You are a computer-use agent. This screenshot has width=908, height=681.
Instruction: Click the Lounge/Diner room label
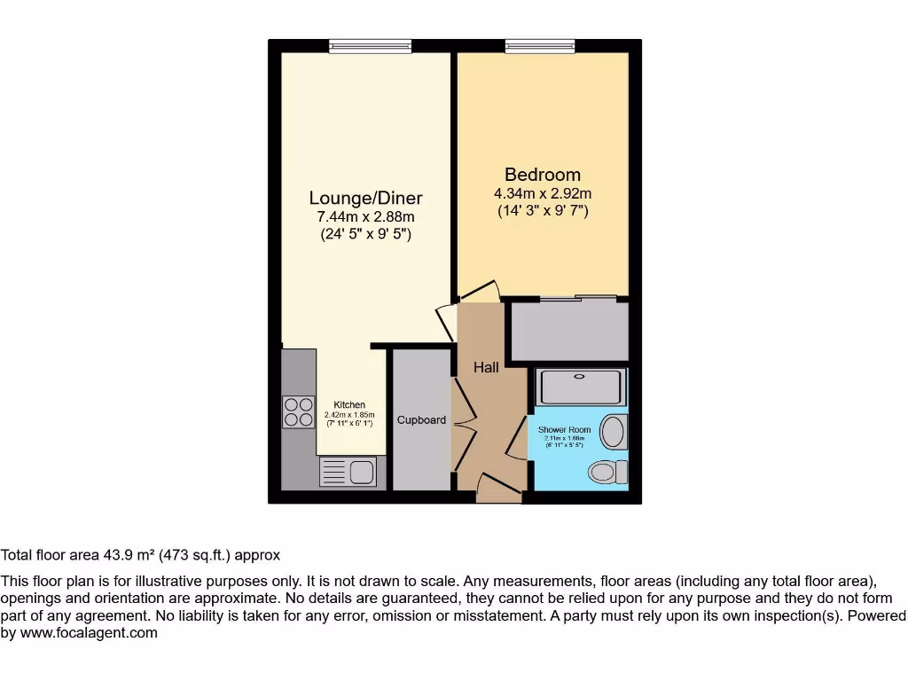[x=365, y=198]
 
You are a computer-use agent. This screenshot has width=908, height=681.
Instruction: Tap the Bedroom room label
[x=543, y=175]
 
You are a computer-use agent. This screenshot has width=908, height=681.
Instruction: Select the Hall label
[x=486, y=367]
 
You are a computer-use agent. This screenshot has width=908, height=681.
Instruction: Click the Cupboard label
[x=421, y=419]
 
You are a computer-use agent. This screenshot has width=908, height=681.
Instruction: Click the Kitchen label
[x=349, y=405]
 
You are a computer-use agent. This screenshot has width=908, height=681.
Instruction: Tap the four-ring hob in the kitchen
[x=299, y=411]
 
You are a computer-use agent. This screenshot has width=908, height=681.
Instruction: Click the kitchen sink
[x=361, y=472]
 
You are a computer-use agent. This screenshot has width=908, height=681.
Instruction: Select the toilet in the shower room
[x=607, y=472]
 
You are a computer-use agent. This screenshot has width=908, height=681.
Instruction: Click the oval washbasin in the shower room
[x=612, y=434]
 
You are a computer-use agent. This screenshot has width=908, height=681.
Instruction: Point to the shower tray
[x=582, y=387]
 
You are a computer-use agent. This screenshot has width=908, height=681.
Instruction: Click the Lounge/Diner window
[x=369, y=44]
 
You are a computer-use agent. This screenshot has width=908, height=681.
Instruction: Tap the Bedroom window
[x=541, y=44]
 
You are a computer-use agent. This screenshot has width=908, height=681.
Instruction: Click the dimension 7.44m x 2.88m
[x=365, y=217]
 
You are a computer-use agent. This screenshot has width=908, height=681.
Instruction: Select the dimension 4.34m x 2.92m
[x=543, y=194]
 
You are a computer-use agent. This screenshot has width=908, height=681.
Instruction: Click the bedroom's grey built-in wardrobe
[x=567, y=331]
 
